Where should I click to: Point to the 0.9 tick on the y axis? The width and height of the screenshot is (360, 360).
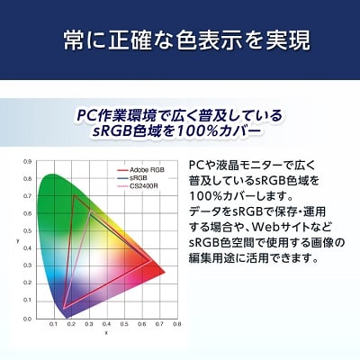27,163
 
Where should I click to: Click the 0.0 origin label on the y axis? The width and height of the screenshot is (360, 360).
27,315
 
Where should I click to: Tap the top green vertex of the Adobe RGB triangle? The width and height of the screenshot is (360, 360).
73,195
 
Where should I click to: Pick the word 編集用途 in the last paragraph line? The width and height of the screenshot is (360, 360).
223,257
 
